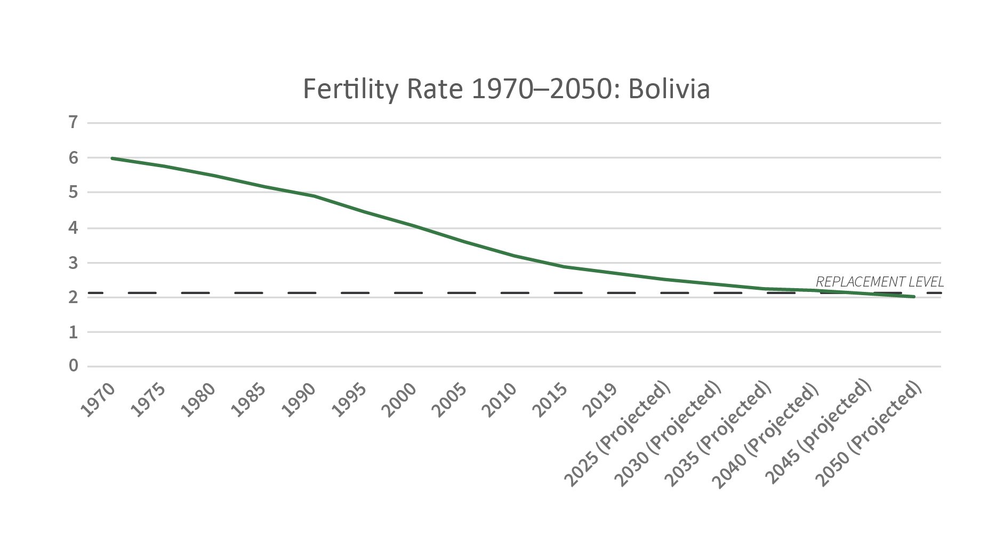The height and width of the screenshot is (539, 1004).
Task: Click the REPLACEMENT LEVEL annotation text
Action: click(879, 282)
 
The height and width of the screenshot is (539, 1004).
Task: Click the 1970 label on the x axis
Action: click(98, 400)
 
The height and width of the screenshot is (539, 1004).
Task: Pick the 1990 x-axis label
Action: click(299, 400)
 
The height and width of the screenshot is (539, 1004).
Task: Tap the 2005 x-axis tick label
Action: click(450, 400)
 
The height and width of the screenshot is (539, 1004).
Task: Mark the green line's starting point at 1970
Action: click(112, 158)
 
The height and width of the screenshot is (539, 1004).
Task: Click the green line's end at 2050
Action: click(914, 296)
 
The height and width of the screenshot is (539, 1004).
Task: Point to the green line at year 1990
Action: click(315, 196)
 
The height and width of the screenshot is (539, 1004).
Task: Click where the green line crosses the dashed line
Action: click(848, 292)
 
